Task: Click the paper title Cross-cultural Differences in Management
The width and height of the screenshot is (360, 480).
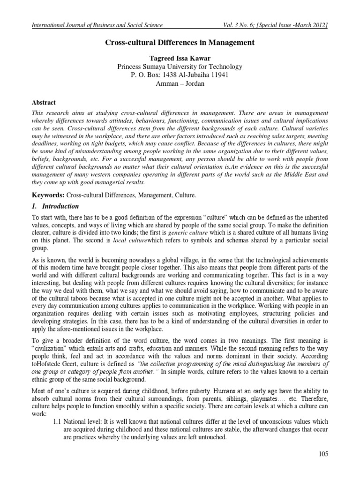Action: click(x=180, y=43)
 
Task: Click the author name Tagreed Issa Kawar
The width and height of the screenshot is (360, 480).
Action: click(x=180, y=58)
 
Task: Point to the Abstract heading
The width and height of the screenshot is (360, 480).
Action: click(x=44, y=102)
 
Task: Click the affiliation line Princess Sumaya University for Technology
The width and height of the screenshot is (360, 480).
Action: click(x=180, y=67)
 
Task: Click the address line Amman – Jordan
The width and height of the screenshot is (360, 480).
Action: click(x=180, y=83)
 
